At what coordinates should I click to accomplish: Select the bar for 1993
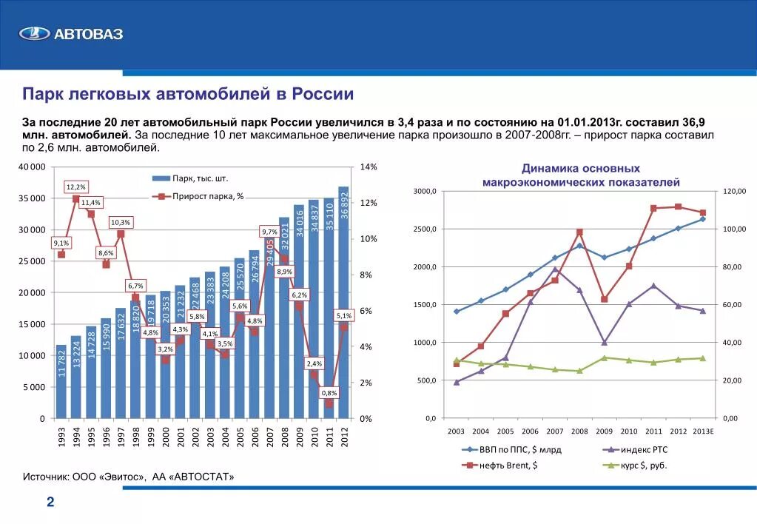[61, 381]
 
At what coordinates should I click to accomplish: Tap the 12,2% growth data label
[76, 187]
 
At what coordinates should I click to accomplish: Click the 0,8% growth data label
[329, 392]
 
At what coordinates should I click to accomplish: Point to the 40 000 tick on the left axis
[31, 167]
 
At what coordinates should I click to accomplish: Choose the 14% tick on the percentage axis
[369, 167]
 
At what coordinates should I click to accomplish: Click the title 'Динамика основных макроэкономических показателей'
[581, 175]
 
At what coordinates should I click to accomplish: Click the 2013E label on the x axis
[703, 431]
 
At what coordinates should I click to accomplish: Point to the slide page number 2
[50, 503]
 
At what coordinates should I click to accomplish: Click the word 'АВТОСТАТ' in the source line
[203, 477]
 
